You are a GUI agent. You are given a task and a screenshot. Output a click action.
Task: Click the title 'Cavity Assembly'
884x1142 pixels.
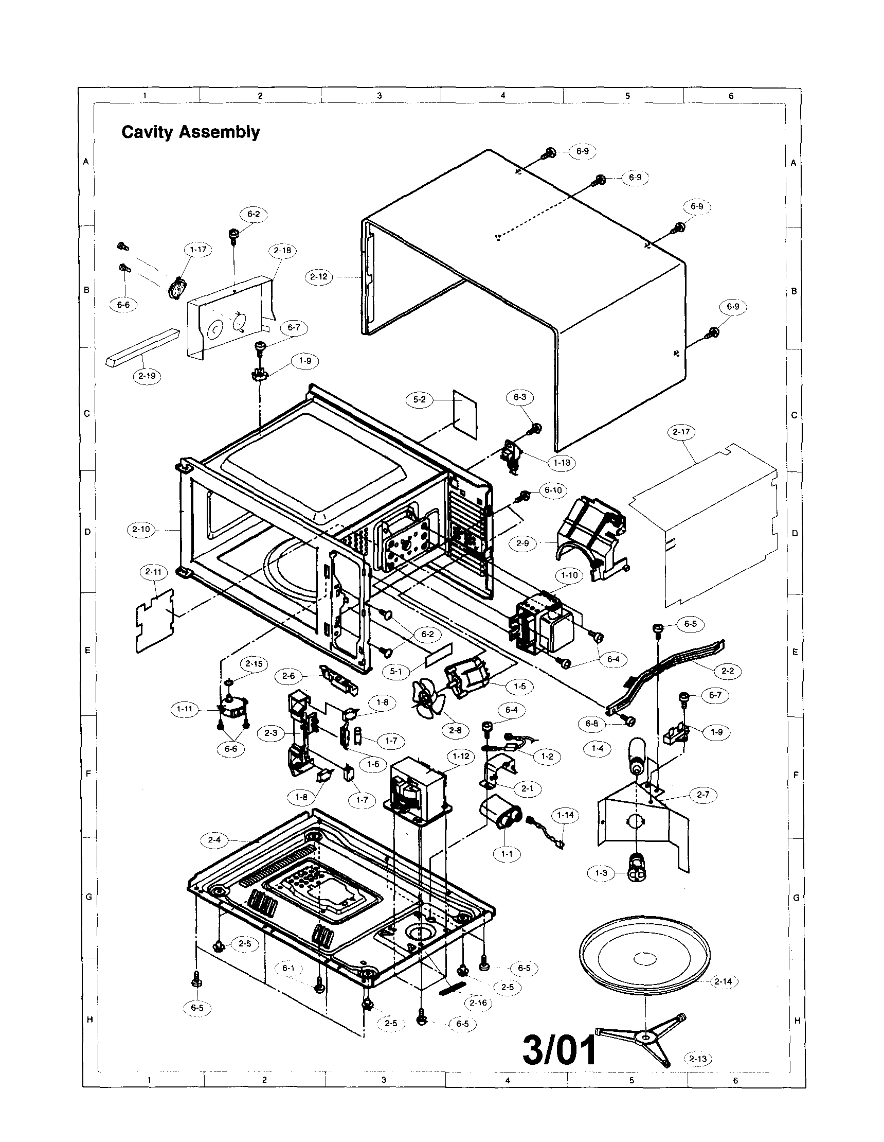(x=190, y=132)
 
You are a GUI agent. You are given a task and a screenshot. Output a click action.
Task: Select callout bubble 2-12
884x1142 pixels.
(x=319, y=276)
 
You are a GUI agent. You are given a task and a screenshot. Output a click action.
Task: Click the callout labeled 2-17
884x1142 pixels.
(x=681, y=432)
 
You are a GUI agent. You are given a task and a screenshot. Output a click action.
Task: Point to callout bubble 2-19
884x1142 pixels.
(x=147, y=376)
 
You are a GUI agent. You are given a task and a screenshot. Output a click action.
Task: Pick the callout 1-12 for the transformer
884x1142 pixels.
(x=461, y=756)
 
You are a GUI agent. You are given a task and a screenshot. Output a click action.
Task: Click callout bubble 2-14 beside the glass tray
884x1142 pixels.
(x=723, y=981)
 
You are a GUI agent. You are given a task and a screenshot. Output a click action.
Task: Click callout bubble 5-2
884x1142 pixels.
(x=420, y=399)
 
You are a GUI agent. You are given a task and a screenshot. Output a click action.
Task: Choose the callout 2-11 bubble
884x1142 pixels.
(x=153, y=572)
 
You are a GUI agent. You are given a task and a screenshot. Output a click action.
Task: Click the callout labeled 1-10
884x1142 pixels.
(x=569, y=575)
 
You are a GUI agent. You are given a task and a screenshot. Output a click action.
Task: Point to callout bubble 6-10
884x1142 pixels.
(x=553, y=490)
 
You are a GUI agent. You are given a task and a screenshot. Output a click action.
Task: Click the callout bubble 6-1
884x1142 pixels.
(x=288, y=968)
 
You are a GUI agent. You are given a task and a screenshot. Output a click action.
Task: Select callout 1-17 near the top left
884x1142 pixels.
(x=198, y=250)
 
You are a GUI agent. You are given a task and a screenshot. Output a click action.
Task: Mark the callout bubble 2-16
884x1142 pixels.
(x=478, y=1003)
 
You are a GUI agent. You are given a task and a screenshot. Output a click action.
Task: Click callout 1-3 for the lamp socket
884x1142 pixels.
(x=601, y=873)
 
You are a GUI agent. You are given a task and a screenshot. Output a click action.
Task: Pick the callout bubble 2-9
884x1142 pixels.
(x=522, y=543)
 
